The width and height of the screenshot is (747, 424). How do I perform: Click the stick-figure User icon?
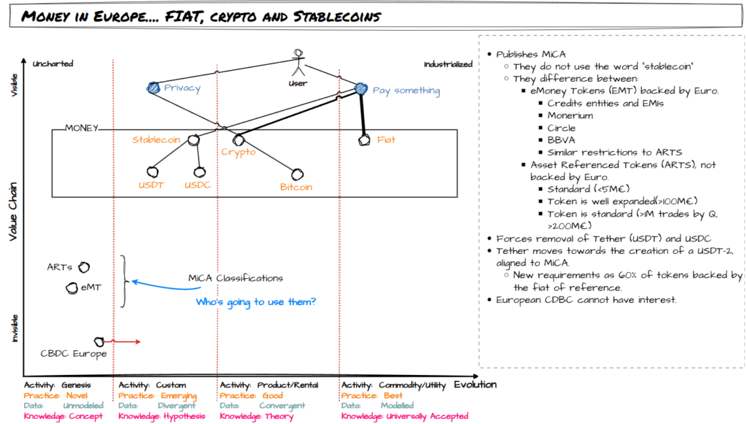click(x=298, y=62)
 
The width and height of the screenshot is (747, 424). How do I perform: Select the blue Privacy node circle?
click(x=153, y=88)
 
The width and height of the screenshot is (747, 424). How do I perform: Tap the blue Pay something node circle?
click(x=360, y=89)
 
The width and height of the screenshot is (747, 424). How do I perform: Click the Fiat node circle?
click(x=364, y=139)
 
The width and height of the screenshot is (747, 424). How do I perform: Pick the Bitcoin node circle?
click(x=296, y=174)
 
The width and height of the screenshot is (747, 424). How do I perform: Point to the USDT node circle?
click(x=152, y=171)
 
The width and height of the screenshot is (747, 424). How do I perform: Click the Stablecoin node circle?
click(x=193, y=139)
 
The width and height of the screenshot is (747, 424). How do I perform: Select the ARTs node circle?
click(x=84, y=268)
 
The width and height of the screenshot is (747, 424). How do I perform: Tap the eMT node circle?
click(x=71, y=288)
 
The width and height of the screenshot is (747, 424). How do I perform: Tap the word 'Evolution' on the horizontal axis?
click(x=475, y=385)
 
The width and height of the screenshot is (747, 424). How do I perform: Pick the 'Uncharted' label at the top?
click(x=53, y=64)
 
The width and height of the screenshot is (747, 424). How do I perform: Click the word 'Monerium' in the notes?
click(x=571, y=115)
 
